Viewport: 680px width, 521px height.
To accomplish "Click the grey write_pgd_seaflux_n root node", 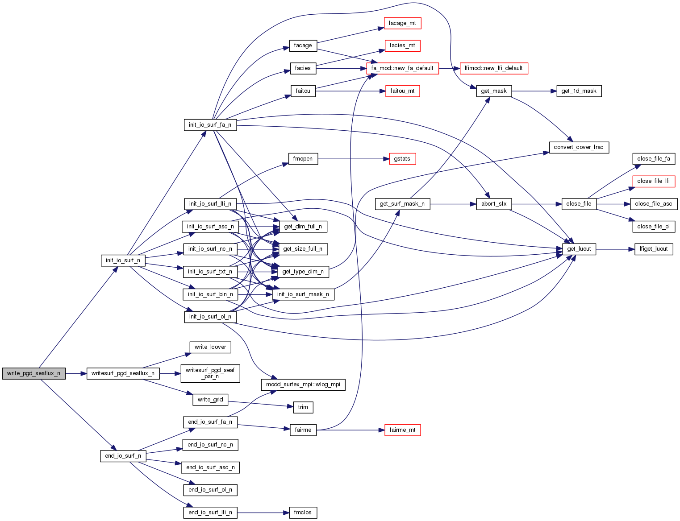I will point(34,373).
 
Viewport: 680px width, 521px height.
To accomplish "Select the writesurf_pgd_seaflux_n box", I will point(123,373).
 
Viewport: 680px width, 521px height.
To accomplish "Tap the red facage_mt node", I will point(402,23).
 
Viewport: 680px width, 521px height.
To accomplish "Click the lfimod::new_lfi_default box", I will point(493,68).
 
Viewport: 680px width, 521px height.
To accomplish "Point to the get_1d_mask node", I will point(579,91).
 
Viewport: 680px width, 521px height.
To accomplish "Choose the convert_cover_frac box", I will point(578,147).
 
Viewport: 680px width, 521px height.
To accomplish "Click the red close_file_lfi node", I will point(653,181).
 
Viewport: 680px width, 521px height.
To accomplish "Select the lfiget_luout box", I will point(654,249).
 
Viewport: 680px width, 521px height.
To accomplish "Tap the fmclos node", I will point(303,513).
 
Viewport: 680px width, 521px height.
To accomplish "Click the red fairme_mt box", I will point(402,430).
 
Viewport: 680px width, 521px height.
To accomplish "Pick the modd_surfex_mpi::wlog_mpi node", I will point(303,385).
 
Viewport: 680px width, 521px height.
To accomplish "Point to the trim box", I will point(303,407).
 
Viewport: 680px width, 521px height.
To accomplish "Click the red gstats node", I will point(402,159).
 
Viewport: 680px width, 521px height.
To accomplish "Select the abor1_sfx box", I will point(494,204).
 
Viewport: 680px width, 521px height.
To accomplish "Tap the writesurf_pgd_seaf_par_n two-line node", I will point(210,373).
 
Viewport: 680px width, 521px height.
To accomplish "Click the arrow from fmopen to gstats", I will point(353,159).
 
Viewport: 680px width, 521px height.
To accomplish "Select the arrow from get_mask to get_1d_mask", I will point(534,91).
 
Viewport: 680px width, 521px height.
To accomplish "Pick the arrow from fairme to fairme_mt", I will point(350,430).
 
